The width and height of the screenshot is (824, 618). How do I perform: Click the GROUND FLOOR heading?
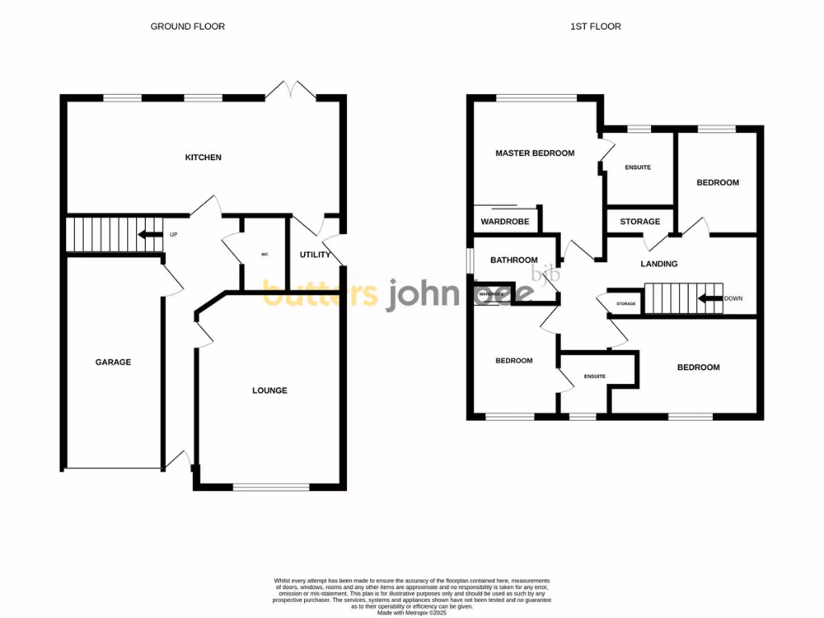[187, 27]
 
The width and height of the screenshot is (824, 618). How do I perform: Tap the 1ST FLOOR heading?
[595, 27]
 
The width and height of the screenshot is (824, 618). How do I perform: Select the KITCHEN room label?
[203, 158]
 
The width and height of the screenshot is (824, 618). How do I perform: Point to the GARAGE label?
[113, 362]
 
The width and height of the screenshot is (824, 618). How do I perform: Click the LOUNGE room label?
[270, 390]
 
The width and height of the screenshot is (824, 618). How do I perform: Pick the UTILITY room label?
[315, 255]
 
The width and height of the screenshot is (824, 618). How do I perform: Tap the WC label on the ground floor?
[264, 255]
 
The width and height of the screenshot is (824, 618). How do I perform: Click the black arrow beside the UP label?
[149, 235]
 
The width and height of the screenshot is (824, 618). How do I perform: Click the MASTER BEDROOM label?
[535, 153]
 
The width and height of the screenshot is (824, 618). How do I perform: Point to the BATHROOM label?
[514, 260]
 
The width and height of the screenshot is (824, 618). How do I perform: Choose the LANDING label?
[659, 264]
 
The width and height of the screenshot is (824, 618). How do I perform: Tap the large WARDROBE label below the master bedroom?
[504, 221]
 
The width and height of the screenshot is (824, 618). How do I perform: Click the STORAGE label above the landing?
[640, 221]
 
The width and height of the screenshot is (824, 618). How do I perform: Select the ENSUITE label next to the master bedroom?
[637, 167]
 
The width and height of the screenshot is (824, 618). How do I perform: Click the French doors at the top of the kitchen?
[290, 89]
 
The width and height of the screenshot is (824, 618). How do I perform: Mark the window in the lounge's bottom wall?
[271, 487]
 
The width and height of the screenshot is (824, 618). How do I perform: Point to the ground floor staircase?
[103, 235]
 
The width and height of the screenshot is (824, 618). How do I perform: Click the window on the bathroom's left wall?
[470, 260]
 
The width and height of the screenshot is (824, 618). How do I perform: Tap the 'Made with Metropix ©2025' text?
[411, 612]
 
